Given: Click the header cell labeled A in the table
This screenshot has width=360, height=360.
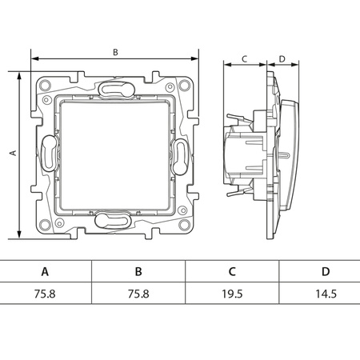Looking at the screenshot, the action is click(45, 271).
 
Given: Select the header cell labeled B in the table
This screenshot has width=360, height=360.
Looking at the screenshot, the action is click(138, 271).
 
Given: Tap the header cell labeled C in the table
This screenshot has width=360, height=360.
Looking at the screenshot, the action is click(232, 271).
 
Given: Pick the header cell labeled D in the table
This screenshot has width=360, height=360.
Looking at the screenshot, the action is click(326, 271).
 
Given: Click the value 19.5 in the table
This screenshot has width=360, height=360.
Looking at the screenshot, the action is click(232, 294).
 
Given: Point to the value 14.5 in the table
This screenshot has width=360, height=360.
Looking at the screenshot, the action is click(326, 294).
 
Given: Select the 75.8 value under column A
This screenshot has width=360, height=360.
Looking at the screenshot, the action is click(45, 294).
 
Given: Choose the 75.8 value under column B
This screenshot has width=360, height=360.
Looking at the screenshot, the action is click(138, 294).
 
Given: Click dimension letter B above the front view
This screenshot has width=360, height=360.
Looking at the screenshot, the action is click(115, 52).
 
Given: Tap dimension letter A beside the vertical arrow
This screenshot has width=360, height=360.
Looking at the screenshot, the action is click(13, 153).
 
